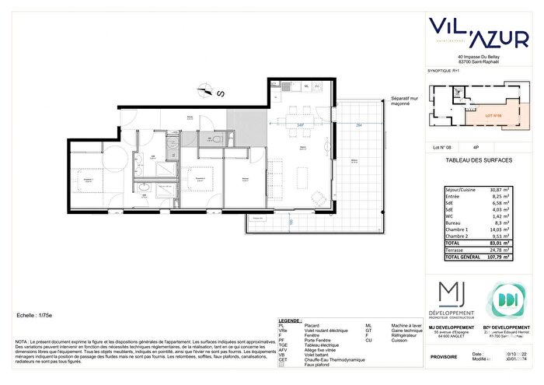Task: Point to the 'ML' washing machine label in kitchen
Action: (x=306, y=86)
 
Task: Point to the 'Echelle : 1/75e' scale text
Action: (x=38, y=317)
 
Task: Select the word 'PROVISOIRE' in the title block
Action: (x=445, y=356)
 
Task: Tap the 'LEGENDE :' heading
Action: (x=290, y=320)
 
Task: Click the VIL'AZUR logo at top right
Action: (x=483, y=30)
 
